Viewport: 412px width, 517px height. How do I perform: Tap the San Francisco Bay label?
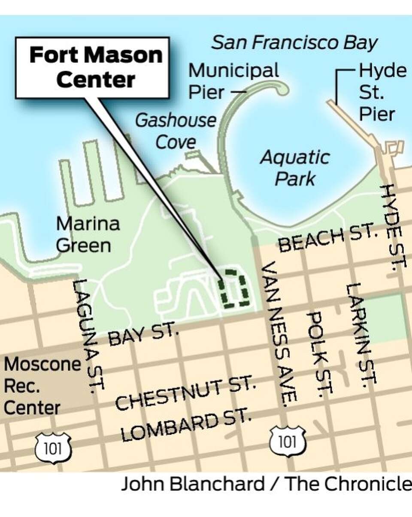pyautogui.click(x=295, y=43)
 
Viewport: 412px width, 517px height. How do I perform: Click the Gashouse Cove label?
pyautogui.click(x=176, y=131)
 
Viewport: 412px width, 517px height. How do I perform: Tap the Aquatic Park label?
pyautogui.click(x=295, y=168)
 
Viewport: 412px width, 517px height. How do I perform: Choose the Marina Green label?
pyautogui.click(x=88, y=234)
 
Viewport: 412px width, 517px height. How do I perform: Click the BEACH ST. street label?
pyautogui.click(x=328, y=240)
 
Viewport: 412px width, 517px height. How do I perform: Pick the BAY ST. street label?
pyautogui.click(x=142, y=336)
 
